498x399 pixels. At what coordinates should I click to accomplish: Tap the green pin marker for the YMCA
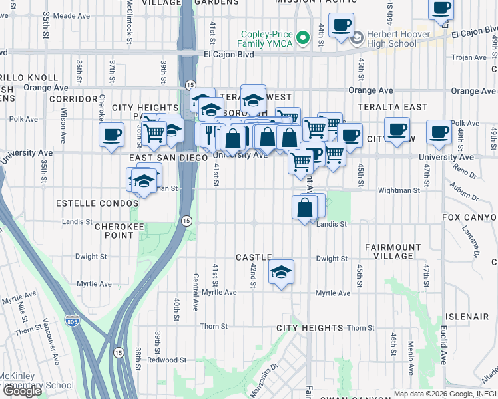(x=304, y=38)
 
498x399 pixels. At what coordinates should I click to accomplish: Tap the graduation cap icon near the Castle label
(x=282, y=272)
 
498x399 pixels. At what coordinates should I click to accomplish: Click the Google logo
(x=22, y=391)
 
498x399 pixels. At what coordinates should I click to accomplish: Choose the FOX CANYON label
(x=469, y=217)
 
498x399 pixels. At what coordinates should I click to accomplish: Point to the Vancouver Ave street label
(x=51, y=332)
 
